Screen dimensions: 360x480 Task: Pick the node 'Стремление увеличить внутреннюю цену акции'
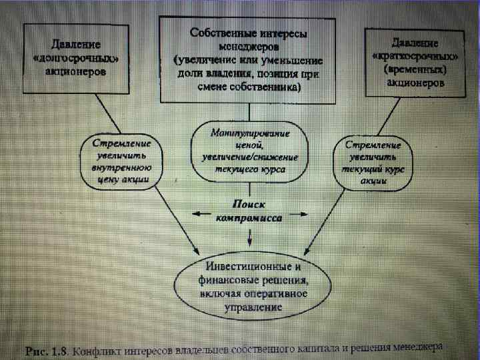point(121,162)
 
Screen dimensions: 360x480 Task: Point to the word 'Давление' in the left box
point(75,45)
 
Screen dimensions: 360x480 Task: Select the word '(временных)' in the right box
point(414,69)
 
